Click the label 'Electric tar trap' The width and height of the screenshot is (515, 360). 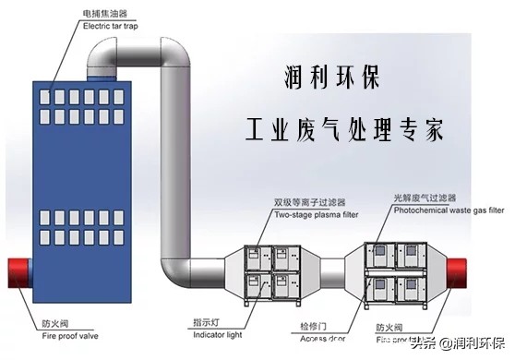(111, 27)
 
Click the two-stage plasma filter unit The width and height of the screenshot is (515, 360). (273, 274)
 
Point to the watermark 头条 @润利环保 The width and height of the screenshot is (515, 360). (461, 344)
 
